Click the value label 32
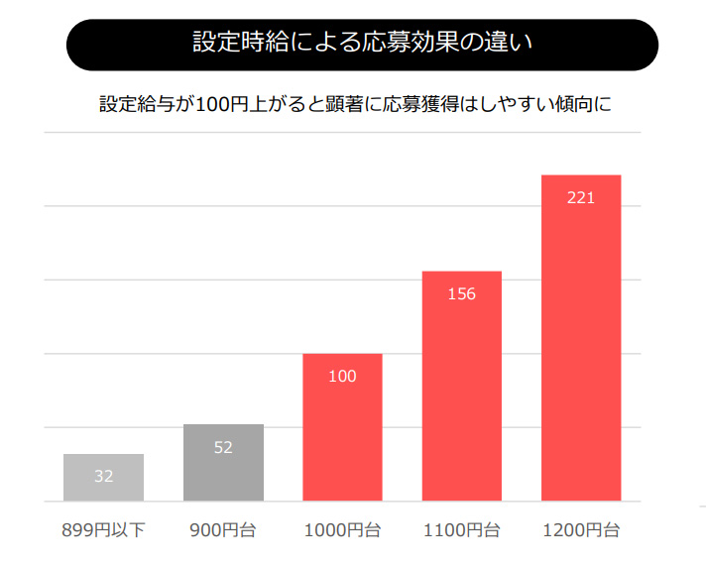(x=103, y=476)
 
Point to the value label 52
(x=223, y=447)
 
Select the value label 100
(x=342, y=377)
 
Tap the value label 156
(x=462, y=294)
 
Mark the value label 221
(x=581, y=198)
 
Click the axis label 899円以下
(x=103, y=530)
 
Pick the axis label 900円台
(x=223, y=530)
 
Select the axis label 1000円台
(x=342, y=530)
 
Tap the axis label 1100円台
(x=462, y=530)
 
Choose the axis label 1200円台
(x=581, y=530)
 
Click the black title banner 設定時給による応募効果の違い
(x=362, y=45)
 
